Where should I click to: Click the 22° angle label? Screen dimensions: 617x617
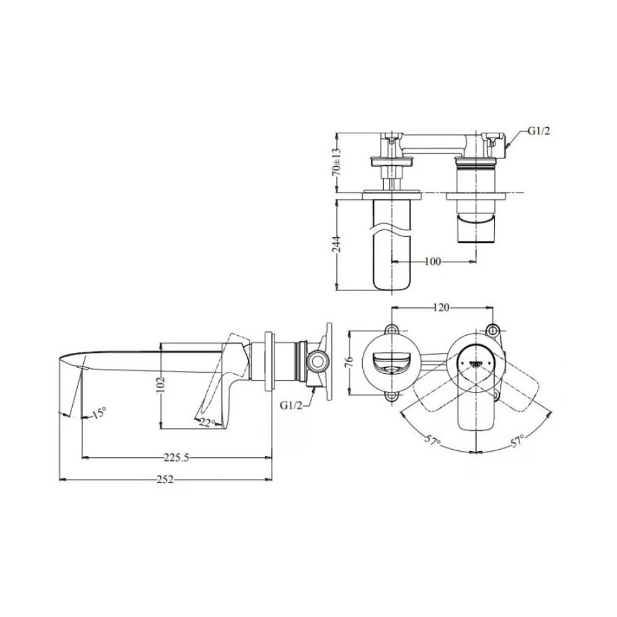[208, 422]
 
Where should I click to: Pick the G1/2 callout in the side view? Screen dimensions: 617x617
[290, 405]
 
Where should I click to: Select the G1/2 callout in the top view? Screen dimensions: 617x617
[538, 131]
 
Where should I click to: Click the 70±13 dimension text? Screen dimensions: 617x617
[336, 163]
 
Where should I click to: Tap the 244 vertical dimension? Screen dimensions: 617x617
[336, 245]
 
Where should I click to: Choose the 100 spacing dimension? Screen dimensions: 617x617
[433, 262]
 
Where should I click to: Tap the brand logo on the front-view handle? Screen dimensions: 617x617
[476, 362]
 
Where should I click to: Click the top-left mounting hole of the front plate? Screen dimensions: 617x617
[392, 329]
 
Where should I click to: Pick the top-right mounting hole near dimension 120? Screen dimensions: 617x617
[492, 329]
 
